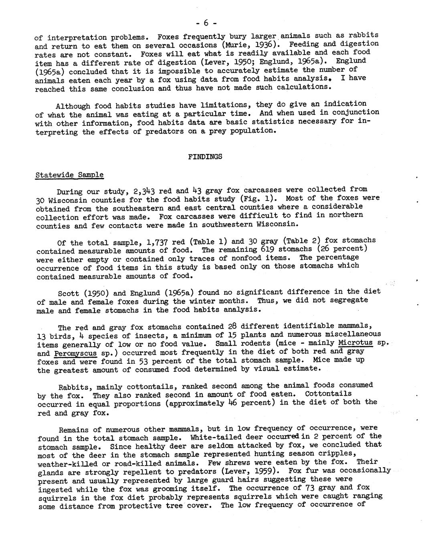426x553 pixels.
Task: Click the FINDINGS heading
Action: click(x=205, y=157)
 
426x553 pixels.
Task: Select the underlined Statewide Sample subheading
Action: click(x=69, y=175)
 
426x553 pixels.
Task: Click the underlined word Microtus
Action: click(x=355, y=343)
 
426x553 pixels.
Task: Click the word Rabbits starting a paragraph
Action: click(x=73, y=387)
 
